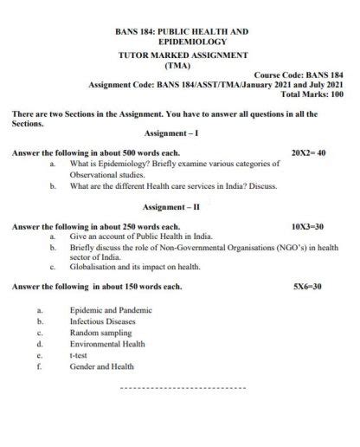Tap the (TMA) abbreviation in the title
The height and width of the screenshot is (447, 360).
[181, 64]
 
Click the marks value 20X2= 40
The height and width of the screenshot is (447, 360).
[308, 152]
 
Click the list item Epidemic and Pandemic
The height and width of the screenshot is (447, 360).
[111, 309]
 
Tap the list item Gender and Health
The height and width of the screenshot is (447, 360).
[102, 366]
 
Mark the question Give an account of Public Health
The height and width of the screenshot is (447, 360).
[140, 236]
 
